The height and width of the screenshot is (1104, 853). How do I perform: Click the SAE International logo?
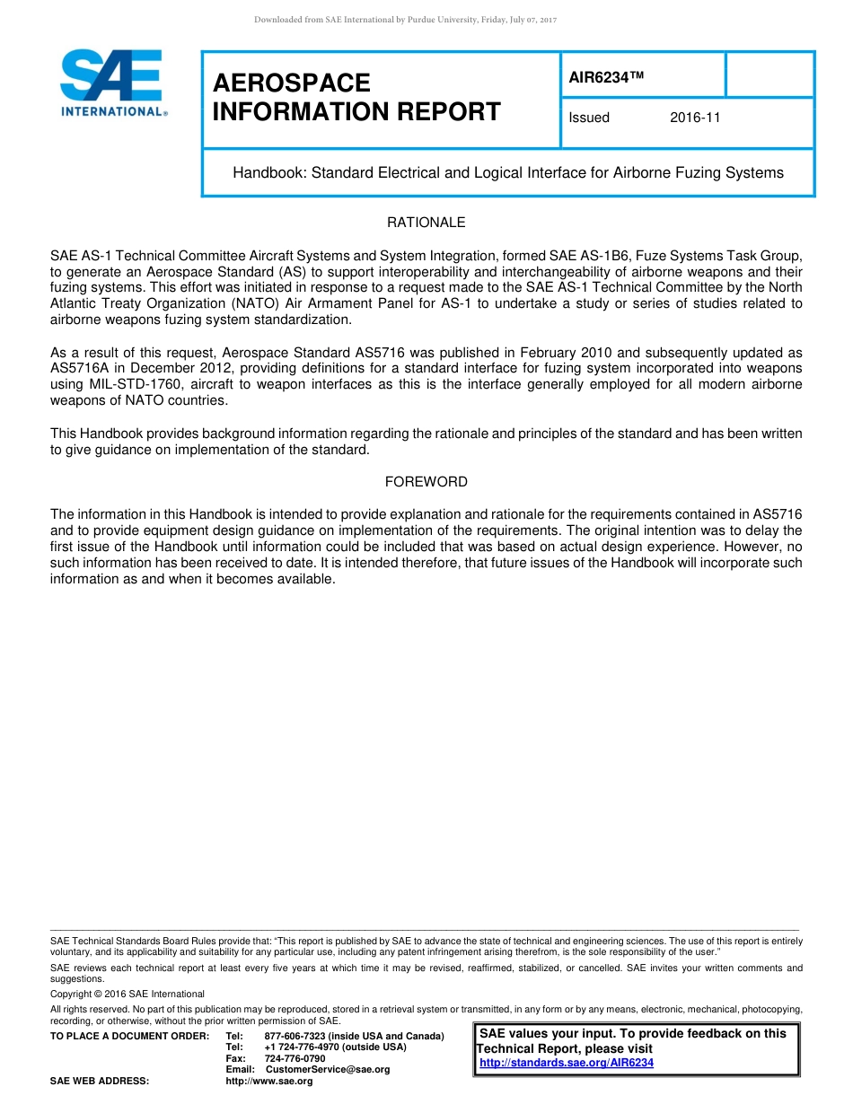[112, 83]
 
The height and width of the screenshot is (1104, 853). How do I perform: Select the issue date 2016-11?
[695, 118]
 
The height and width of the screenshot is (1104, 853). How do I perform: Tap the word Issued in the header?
[589, 118]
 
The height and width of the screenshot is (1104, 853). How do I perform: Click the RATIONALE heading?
[426, 222]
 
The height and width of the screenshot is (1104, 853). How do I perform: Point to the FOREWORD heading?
[426, 482]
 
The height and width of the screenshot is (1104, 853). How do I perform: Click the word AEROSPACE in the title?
[292, 83]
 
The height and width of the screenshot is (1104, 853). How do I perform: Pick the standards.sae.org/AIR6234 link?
[567, 1063]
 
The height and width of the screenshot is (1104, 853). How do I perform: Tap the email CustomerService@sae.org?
[328, 1069]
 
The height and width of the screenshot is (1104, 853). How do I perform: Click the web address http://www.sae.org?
[269, 1082]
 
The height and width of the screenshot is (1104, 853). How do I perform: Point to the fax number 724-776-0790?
[295, 1058]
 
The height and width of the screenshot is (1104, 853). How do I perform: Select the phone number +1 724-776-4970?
[301, 1047]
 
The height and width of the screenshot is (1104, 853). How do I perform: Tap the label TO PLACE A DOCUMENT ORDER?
[129, 1037]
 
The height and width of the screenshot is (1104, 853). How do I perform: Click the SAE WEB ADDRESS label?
[100, 1082]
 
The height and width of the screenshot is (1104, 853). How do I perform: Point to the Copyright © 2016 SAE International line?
[128, 994]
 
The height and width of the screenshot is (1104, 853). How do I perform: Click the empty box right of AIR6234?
[769, 74]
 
